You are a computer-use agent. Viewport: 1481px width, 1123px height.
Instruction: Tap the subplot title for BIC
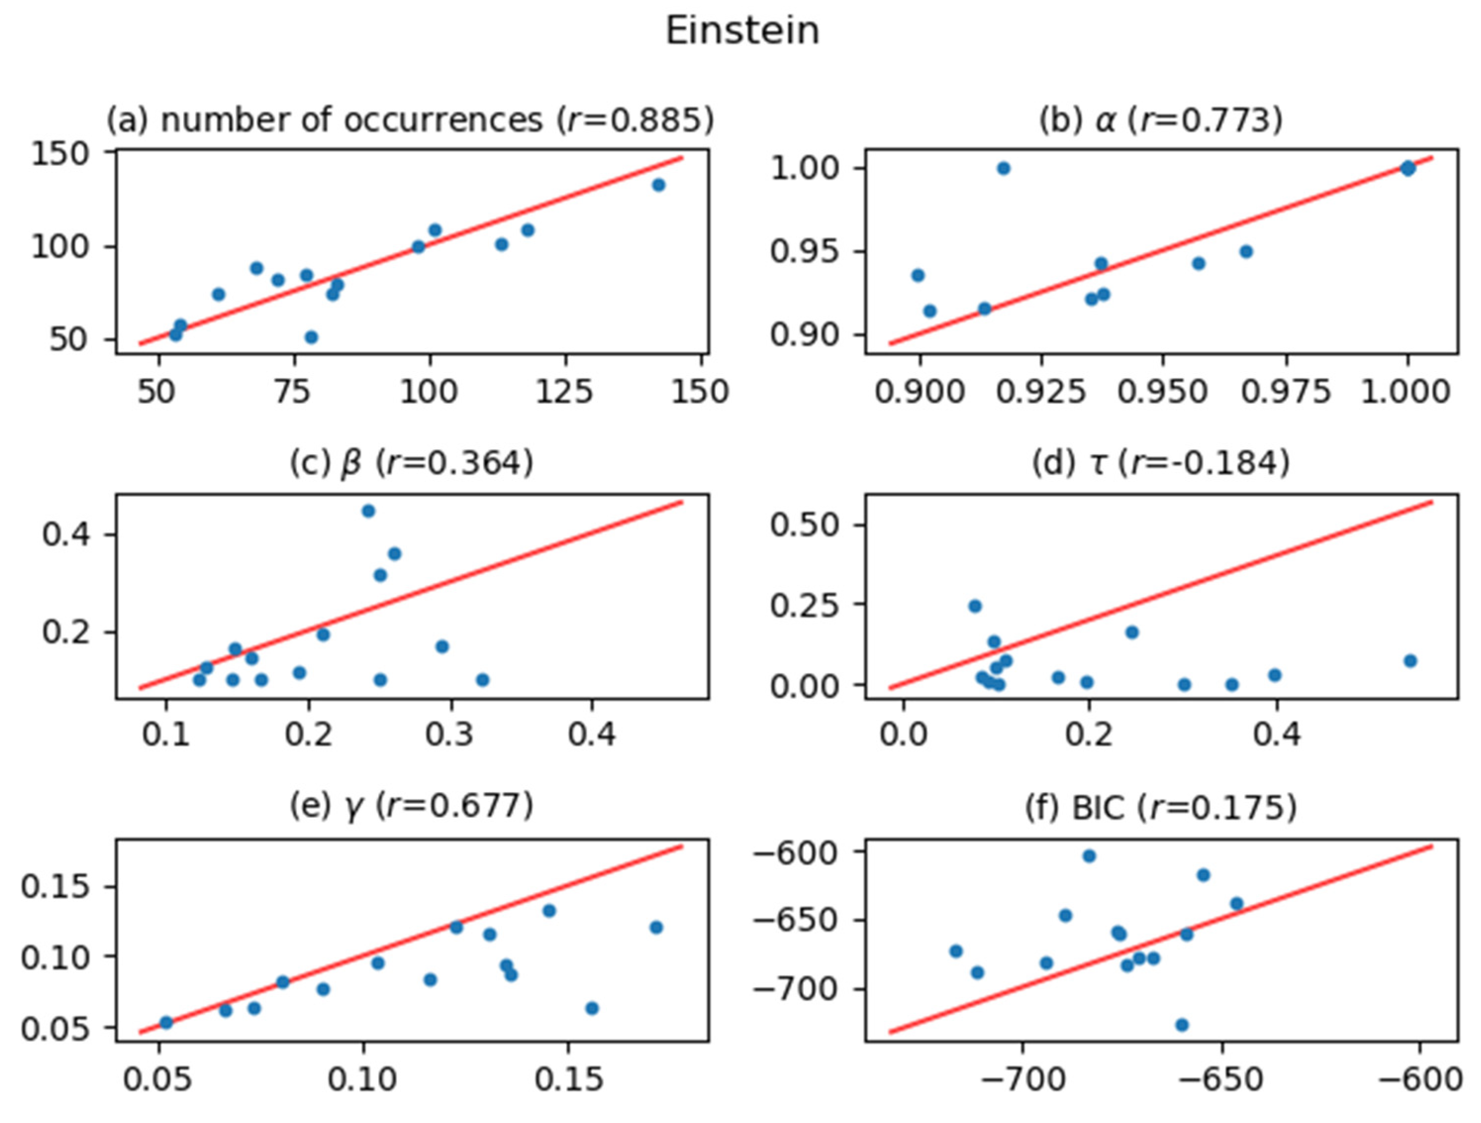1160,808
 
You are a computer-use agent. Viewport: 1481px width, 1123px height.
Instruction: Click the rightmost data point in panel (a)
658,185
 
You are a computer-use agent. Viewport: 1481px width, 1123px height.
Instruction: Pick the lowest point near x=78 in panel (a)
311,337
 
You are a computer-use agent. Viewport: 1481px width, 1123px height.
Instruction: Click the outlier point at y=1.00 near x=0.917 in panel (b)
1003,169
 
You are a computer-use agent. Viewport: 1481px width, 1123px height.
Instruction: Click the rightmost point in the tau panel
1410,660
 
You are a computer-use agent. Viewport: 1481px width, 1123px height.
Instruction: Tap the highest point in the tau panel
975,607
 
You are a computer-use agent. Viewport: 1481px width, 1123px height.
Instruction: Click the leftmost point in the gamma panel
166,1023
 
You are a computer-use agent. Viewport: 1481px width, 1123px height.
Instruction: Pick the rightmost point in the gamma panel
656,928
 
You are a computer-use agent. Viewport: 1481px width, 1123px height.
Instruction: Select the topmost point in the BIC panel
1089,856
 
